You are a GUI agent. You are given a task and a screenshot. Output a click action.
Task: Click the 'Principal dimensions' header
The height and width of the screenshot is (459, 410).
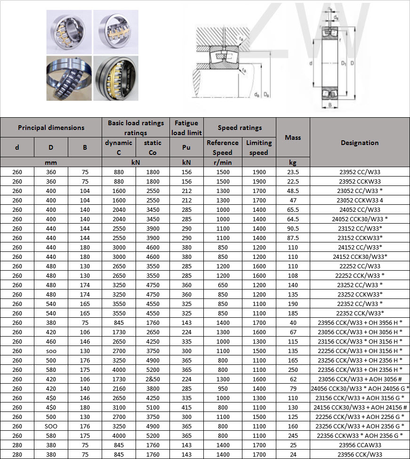(x=51, y=128)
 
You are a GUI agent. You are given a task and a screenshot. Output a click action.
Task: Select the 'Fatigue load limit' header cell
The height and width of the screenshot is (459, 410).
(x=186, y=128)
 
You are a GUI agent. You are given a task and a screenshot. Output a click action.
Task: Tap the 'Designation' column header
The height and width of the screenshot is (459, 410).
(x=360, y=143)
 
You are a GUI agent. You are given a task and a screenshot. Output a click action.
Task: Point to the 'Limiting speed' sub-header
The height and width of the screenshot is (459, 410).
(x=259, y=147)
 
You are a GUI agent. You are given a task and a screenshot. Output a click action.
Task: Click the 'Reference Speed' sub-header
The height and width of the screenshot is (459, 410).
(x=222, y=147)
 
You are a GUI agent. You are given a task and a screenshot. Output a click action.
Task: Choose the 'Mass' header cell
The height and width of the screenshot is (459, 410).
(x=293, y=137)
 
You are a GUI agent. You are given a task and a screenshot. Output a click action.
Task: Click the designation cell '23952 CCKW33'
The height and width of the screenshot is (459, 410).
(x=360, y=181)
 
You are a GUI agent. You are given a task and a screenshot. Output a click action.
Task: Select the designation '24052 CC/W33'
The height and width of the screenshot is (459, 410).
(x=360, y=209)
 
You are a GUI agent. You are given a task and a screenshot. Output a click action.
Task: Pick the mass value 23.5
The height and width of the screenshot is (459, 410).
(x=293, y=172)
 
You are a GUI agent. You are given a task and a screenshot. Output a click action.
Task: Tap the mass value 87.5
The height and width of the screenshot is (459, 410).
(x=293, y=238)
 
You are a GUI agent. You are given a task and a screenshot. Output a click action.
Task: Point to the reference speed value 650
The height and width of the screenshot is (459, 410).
(x=222, y=285)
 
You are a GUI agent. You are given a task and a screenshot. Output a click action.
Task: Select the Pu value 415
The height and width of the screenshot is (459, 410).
(x=186, y=407)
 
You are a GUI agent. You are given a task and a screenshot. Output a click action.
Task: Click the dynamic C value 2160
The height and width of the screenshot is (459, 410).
(x=119, y=388)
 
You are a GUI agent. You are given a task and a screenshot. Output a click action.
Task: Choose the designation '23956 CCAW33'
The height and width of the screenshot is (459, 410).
(x=360, y=445)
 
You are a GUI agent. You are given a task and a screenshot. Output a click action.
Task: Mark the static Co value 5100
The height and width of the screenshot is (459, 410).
(x=153, y=407)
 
